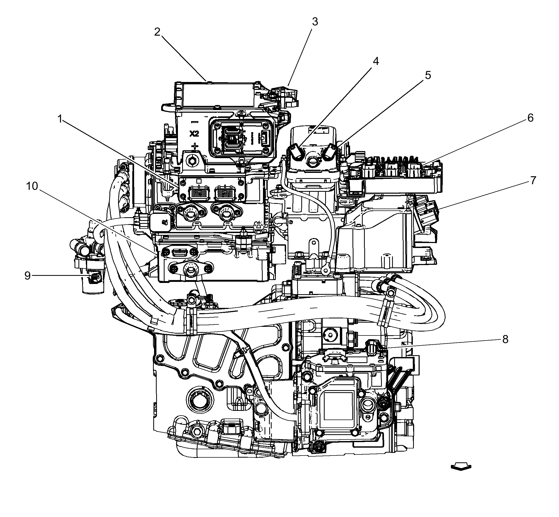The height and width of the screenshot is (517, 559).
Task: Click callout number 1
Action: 60,119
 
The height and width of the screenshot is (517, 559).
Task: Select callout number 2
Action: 157,32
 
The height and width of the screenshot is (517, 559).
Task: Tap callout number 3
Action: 315,22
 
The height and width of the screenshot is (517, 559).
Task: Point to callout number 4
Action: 376,61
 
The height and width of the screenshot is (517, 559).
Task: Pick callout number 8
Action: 505,339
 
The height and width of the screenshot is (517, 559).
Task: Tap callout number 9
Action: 27,276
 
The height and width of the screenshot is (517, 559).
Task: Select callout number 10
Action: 32,186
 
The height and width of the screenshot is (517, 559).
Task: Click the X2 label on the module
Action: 194,134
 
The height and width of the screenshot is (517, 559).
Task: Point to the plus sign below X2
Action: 195,146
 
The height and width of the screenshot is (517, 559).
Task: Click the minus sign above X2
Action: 194,122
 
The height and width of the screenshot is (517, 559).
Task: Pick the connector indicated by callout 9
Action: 95,277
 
